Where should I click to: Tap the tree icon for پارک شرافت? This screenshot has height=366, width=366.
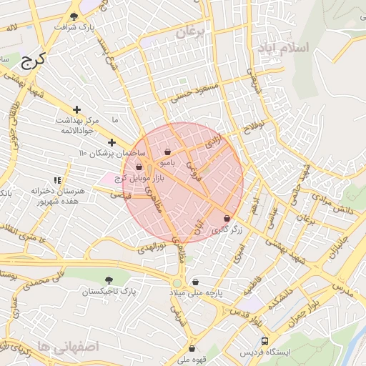pos(74,16)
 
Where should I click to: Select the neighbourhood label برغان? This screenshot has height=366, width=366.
pos(191,32)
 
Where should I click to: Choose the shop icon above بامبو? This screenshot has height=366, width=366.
pos(167,152)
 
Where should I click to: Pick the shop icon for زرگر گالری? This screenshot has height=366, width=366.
pos(227,219)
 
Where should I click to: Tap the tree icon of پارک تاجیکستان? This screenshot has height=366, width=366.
pos(109,280)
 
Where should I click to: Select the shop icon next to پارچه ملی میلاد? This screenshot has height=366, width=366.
pos(195,282)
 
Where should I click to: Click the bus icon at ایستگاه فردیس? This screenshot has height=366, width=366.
pos(264,342)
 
